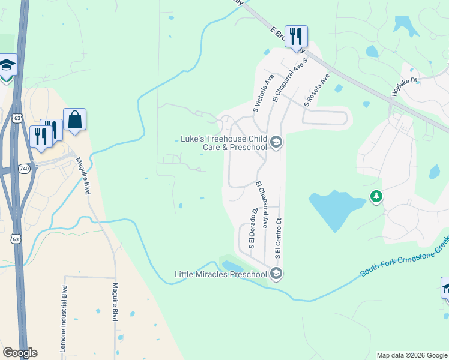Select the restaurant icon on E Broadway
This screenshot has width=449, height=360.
pyautogui.click(x=296, y=37)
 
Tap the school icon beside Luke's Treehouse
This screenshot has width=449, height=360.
pyautogui.click(x=276, y=143)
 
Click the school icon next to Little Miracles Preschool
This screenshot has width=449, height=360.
pyautogui.click(x=276, y=274)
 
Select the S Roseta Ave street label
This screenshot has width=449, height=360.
pyautogui.click(x=316, y=90)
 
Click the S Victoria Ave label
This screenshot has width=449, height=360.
pyautogui.click(x=262, y=94)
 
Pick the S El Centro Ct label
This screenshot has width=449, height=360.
pyautogui.click(x=279, y=239)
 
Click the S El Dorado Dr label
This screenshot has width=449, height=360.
pyautogui.click(x=253, y=229)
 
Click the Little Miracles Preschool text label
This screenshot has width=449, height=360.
pyautogui.click(x=220, y=274)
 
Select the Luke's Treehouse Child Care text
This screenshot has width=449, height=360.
pyautogui.click(x=223, y=143)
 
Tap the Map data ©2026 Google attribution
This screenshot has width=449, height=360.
pyautogui.click(x=411, y=355)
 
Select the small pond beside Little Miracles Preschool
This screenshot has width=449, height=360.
pyautogui.click(x=232, y=265)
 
